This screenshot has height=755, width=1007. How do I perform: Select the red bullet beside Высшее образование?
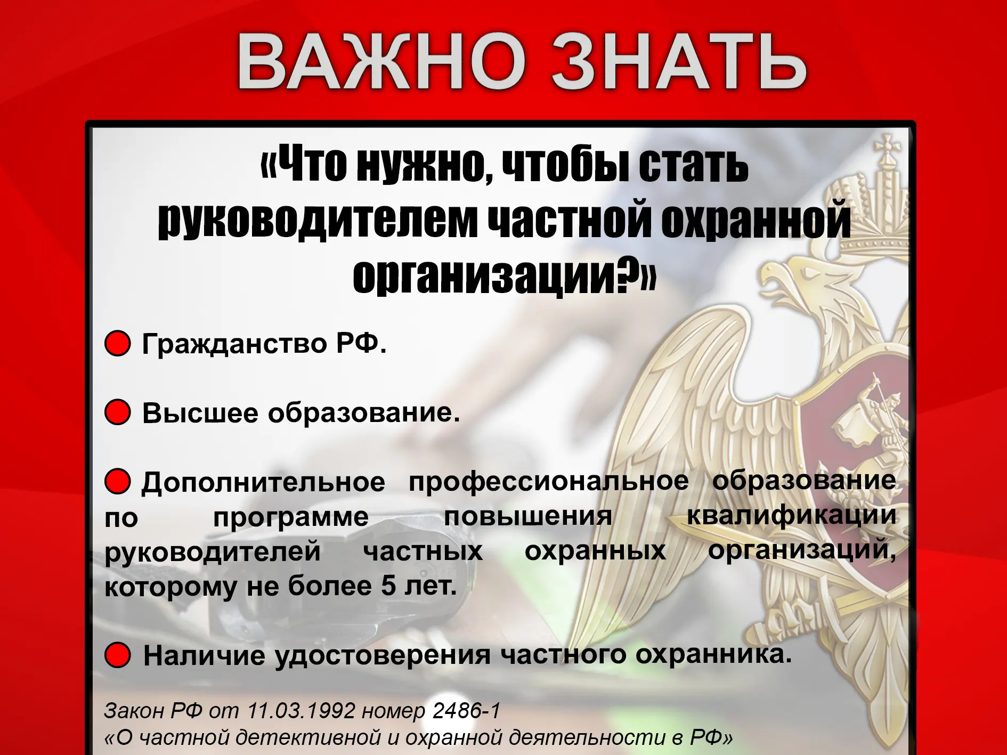pos(118,412)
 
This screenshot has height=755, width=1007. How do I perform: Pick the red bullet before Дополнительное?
pos(118,481)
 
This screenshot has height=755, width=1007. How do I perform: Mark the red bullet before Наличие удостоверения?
pos(118,655)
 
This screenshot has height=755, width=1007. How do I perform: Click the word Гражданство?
pos(234,344)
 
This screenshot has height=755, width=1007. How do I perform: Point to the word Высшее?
pos(200,413)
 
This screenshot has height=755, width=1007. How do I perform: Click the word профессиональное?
pos(549,481)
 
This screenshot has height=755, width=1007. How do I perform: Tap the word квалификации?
pos(792,516)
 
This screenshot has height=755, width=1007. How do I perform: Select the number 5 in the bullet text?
pos(388,586)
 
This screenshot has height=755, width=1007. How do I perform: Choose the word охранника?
pos(713,654)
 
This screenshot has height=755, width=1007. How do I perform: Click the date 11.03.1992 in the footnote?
pos(302,710)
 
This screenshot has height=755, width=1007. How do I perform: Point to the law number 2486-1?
pos(467,710)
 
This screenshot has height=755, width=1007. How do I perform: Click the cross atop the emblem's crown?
pos(888,148)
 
